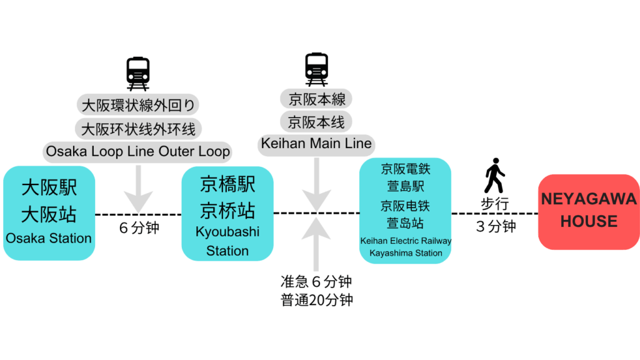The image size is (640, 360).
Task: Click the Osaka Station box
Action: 49,212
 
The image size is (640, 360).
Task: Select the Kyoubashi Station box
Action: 227,213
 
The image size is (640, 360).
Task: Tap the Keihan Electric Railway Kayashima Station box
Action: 406,211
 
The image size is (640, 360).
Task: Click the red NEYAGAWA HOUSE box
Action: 589,211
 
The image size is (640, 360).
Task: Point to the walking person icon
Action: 494,176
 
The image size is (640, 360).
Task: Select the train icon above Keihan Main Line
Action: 317,69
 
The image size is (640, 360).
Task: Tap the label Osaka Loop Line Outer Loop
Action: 138,151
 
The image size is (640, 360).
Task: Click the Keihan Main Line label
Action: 316,144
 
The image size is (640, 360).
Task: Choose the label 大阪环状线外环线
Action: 138,128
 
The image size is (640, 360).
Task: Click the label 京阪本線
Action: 316,98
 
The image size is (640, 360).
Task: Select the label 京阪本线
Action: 316,121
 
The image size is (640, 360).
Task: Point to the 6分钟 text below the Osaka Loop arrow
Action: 139,227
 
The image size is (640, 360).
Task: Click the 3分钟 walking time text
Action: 496,226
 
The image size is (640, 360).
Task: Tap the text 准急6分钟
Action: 317,282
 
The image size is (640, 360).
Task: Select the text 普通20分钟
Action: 317,299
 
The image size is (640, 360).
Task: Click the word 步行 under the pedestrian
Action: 494,204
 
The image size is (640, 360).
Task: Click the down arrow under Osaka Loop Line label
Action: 138,187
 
